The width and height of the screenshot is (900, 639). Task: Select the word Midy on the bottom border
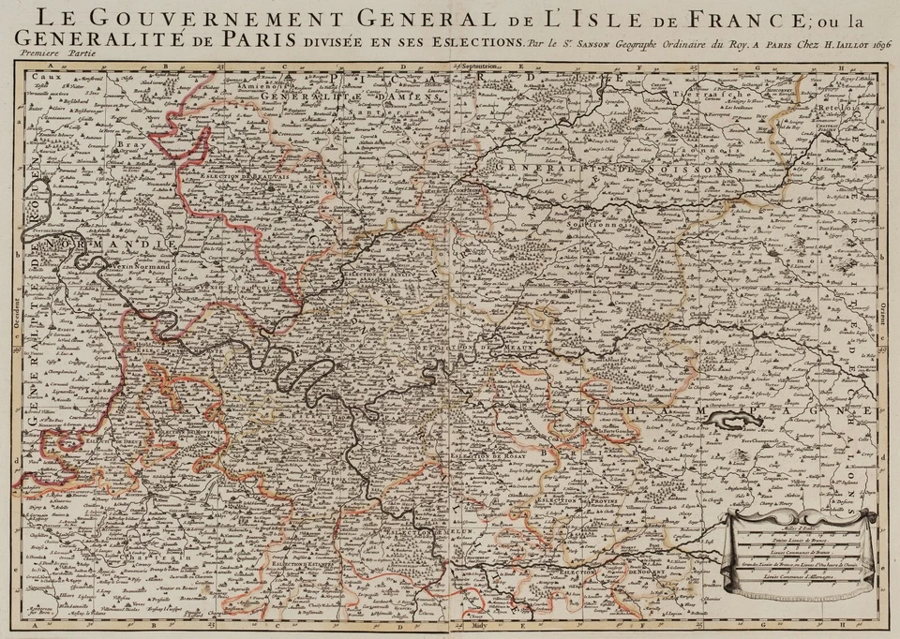click(x=481, y=631)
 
